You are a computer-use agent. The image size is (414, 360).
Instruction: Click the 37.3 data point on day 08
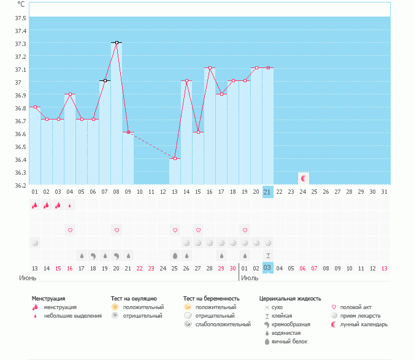[117, 43]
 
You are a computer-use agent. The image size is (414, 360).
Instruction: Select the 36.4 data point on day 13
[175, 158]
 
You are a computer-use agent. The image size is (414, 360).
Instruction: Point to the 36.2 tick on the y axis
[20, 185]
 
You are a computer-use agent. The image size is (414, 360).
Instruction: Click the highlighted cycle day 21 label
[267, 191]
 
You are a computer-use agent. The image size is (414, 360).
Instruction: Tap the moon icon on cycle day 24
[303, 178]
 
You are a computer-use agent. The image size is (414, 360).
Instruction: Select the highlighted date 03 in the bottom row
[267, 268]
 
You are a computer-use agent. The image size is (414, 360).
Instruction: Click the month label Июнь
[27, 278]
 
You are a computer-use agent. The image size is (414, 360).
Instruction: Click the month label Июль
[250, 278]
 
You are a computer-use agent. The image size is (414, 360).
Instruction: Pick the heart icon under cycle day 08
[117, 230]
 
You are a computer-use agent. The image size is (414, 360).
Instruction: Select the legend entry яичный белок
[288, 342]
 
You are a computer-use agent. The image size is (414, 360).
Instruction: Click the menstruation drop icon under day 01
[34, 205]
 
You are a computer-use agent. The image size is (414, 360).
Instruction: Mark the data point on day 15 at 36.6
[198, 132]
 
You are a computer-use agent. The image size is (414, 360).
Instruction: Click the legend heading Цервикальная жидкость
[290, 299]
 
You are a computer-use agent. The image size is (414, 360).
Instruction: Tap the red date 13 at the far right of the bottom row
[384, 268]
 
